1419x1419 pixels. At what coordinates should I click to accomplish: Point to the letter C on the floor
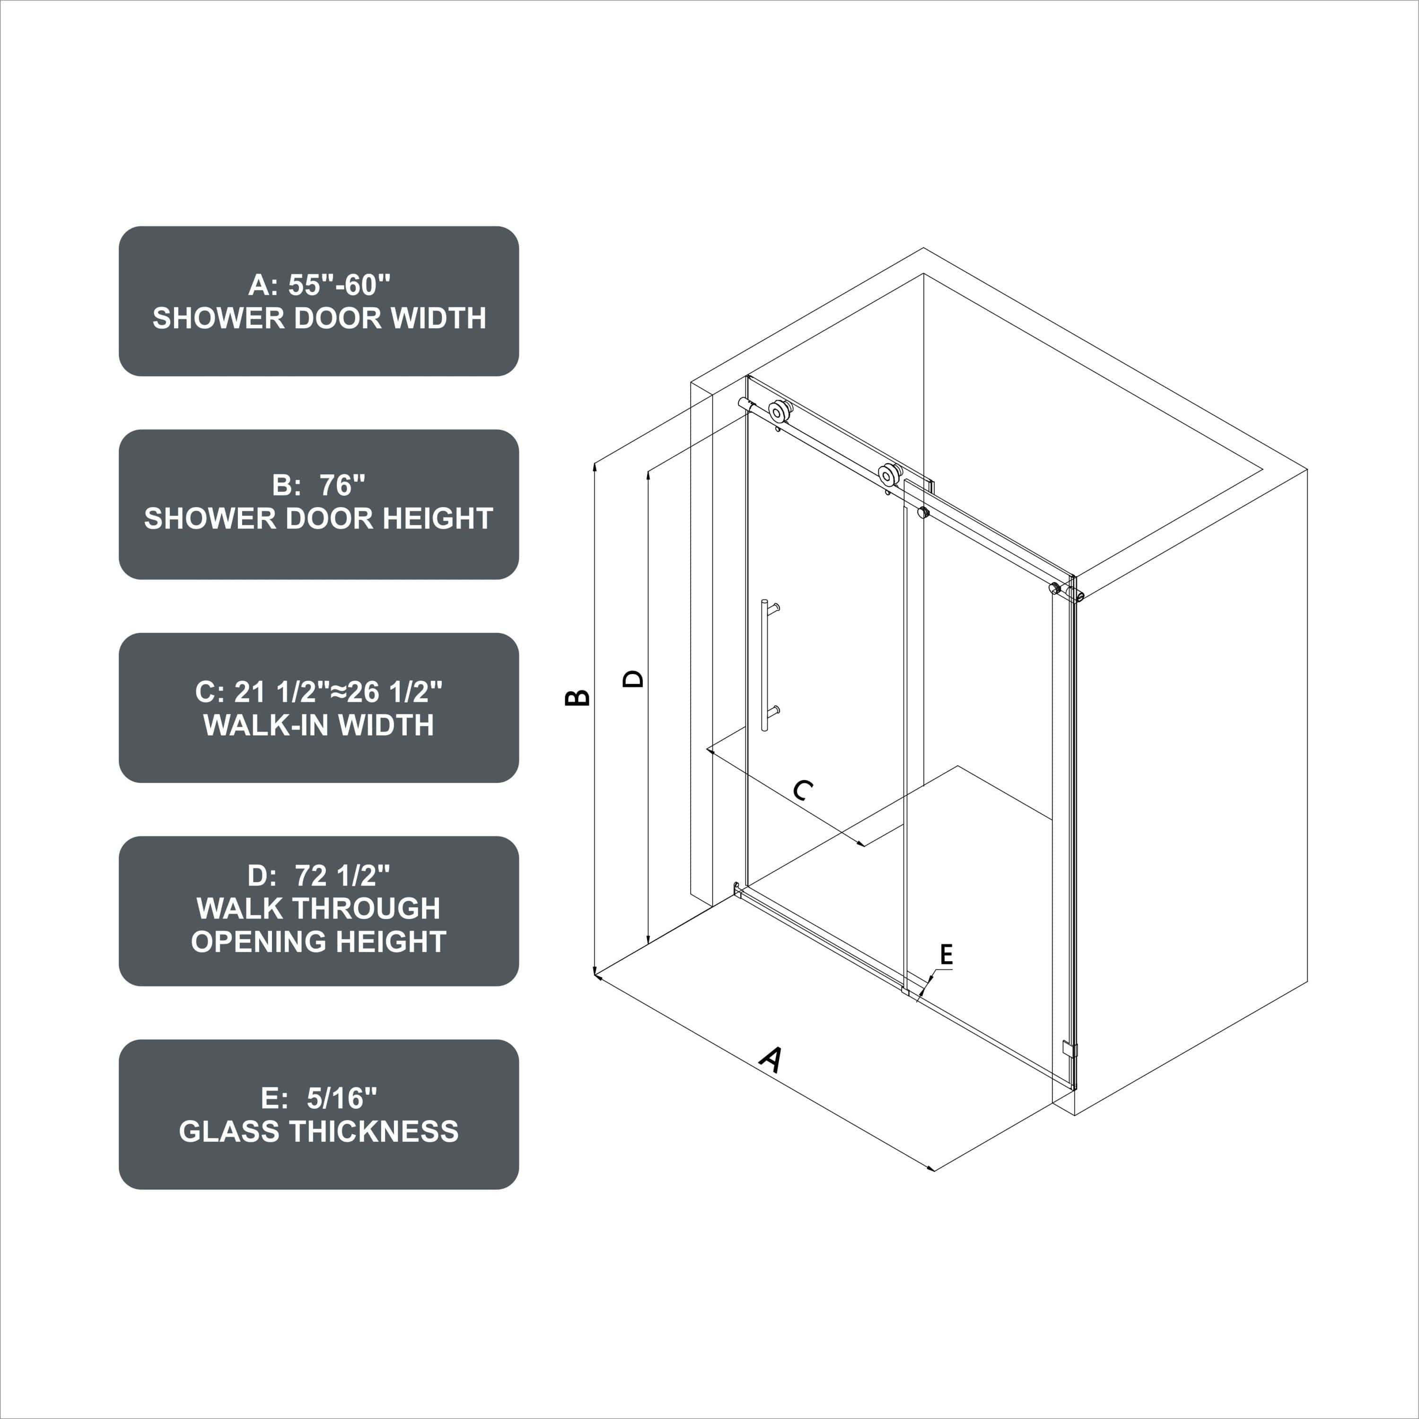(804, 790)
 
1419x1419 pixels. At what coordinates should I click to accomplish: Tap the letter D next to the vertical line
(633, 677)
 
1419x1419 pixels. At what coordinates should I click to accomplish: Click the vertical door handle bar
(764, 665)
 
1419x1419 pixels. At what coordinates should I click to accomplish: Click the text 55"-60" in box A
(339, 285)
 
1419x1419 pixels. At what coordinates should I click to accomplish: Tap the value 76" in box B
(342, 485)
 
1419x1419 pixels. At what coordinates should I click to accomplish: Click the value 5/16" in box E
(342, 1098)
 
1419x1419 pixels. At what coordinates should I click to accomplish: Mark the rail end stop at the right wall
(1055, 587)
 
